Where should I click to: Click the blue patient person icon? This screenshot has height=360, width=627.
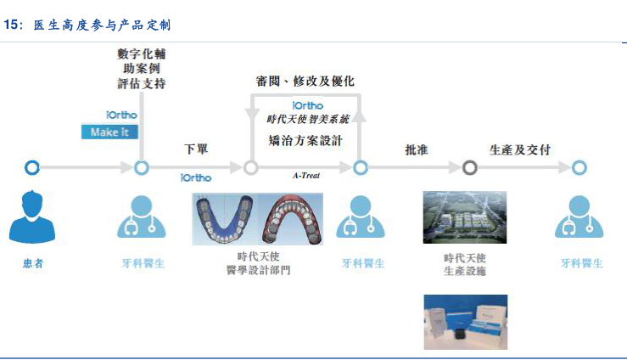click(32, 217)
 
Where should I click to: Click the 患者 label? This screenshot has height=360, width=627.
click(33, 263)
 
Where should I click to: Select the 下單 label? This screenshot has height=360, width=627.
click(196, 149)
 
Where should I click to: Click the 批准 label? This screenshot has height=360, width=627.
click(416, 149)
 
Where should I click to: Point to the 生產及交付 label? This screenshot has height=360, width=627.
click(520, 149)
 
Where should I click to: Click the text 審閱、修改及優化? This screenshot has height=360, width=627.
click(305, 82)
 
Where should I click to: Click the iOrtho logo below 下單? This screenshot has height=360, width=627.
click(196, 177)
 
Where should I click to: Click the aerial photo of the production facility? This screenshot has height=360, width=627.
click(464, 217)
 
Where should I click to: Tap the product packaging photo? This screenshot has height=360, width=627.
click(465, 322)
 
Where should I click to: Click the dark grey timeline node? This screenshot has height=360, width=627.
click(470, 167)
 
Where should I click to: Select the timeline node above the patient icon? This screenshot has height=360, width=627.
click(32, 167)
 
